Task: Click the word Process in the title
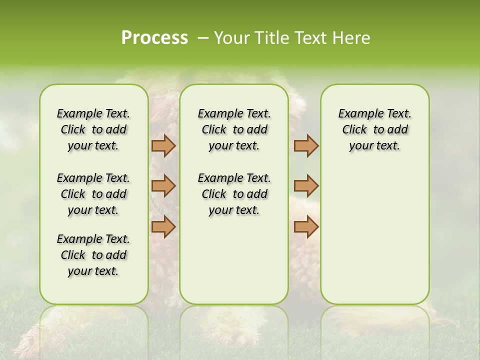tap(154, 38)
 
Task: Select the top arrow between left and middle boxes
tap(163, 145)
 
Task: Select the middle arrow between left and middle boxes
tap(163, 186)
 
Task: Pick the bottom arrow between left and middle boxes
tap(163, 226)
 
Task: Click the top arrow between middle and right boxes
tap(306, 145)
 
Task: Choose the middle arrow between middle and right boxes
tap(306, 186)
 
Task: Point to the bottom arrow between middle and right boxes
tap(306, 226)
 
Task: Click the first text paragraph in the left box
tap(93, 129)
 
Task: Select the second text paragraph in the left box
tap(93, 194)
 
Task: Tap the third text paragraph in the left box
tap(93, 255)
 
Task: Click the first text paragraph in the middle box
tap(234, 129)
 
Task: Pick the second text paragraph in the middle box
tap(234, 194)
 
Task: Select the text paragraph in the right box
tap(374, 129)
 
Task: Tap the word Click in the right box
tap(354, 130)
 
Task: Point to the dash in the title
tap(203, 38)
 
